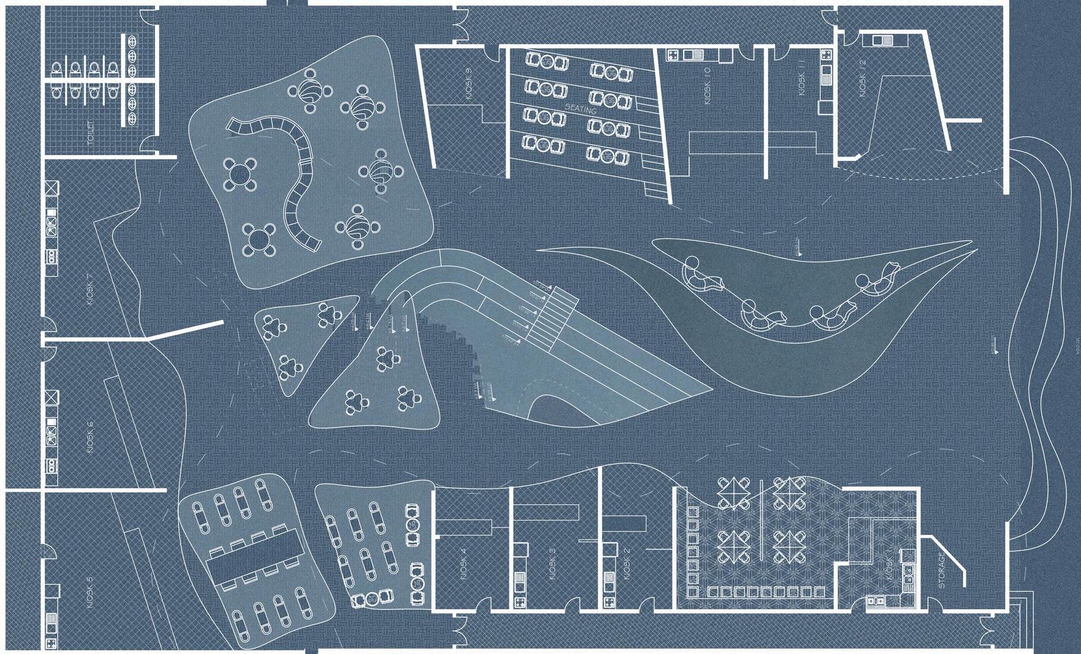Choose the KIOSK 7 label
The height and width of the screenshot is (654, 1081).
90,290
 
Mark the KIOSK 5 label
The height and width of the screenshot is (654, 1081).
90,592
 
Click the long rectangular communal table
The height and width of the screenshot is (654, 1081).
255,556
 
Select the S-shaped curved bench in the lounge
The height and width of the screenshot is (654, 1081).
295,178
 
